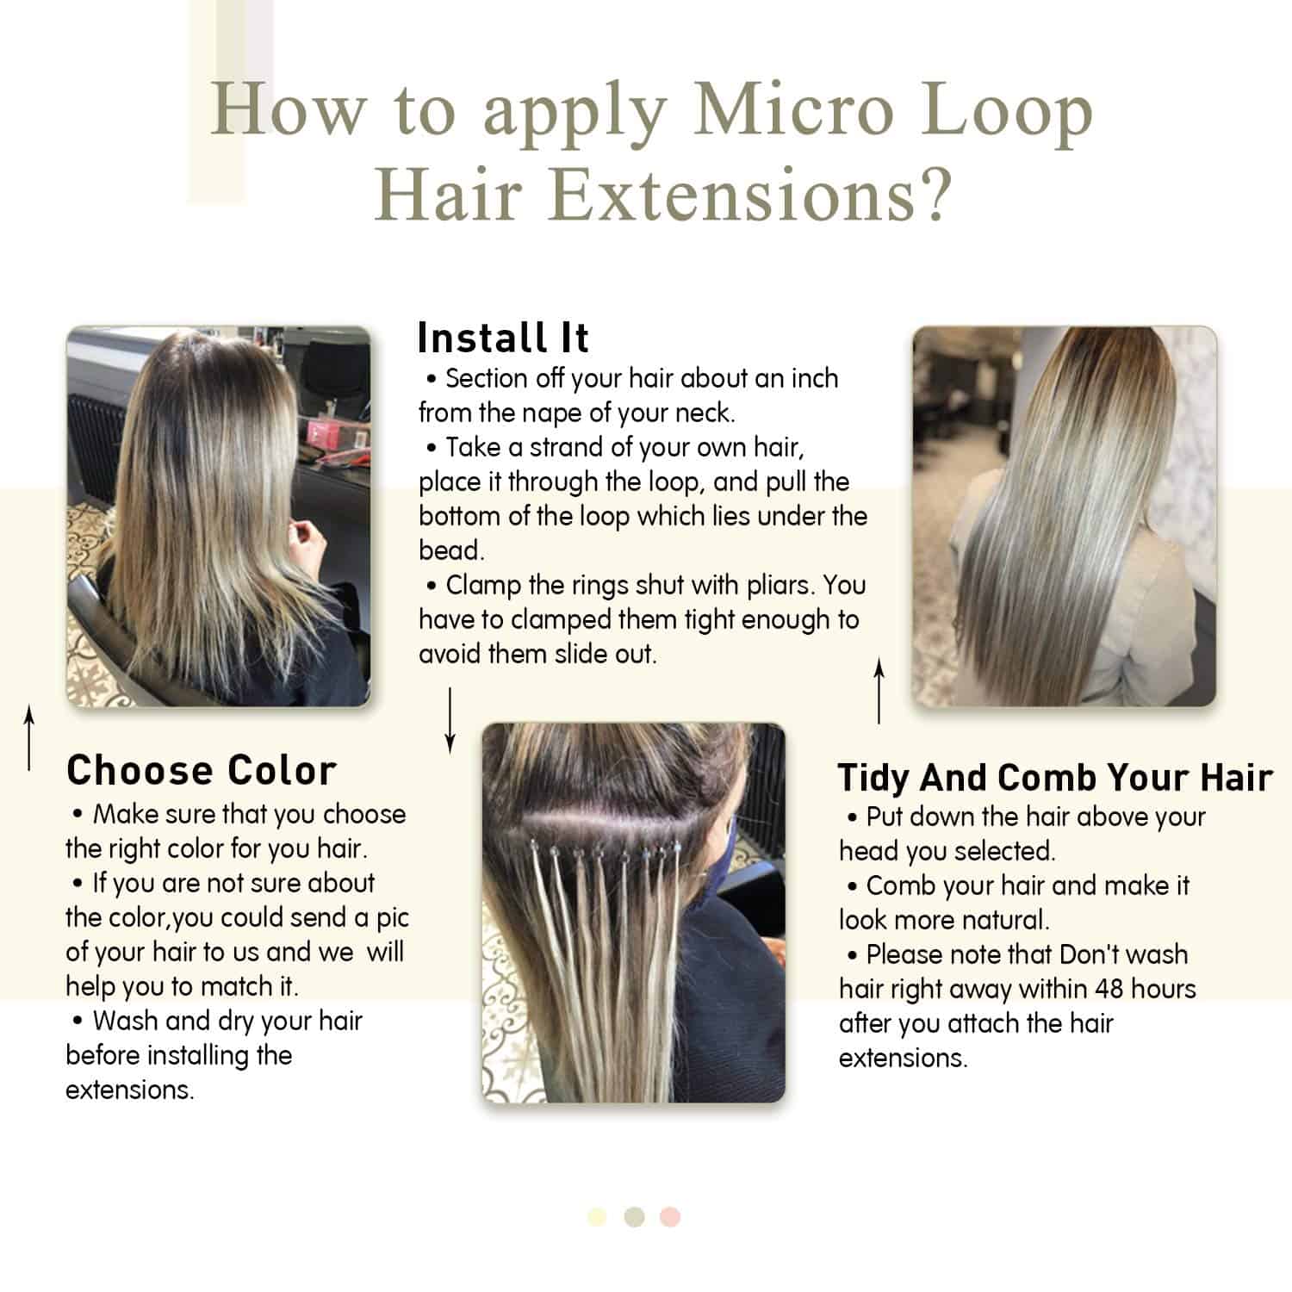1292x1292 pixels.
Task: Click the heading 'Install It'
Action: [x=503, y=338]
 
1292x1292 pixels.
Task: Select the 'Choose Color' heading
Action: [x=201, y=771]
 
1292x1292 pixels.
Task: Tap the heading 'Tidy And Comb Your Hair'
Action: [x=1054, y=778]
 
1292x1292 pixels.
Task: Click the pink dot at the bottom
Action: [x=670, y=1217]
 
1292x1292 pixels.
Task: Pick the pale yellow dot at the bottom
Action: [x=597, y=1217]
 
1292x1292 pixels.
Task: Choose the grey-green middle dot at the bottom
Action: [x=635, y=1217]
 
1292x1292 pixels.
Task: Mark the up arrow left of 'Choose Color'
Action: [x=29, y=737]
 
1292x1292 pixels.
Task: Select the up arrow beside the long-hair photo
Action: [x=879, y=691]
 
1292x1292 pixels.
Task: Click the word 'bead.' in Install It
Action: [x=451, y=551]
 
